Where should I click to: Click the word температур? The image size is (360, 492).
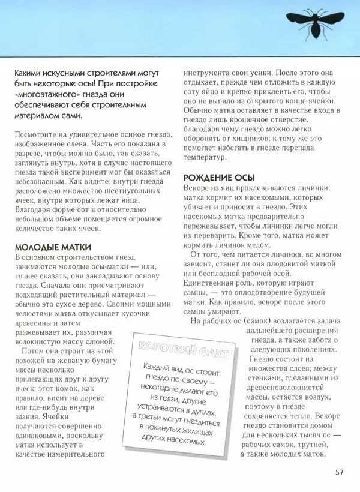tap(205, 158)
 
